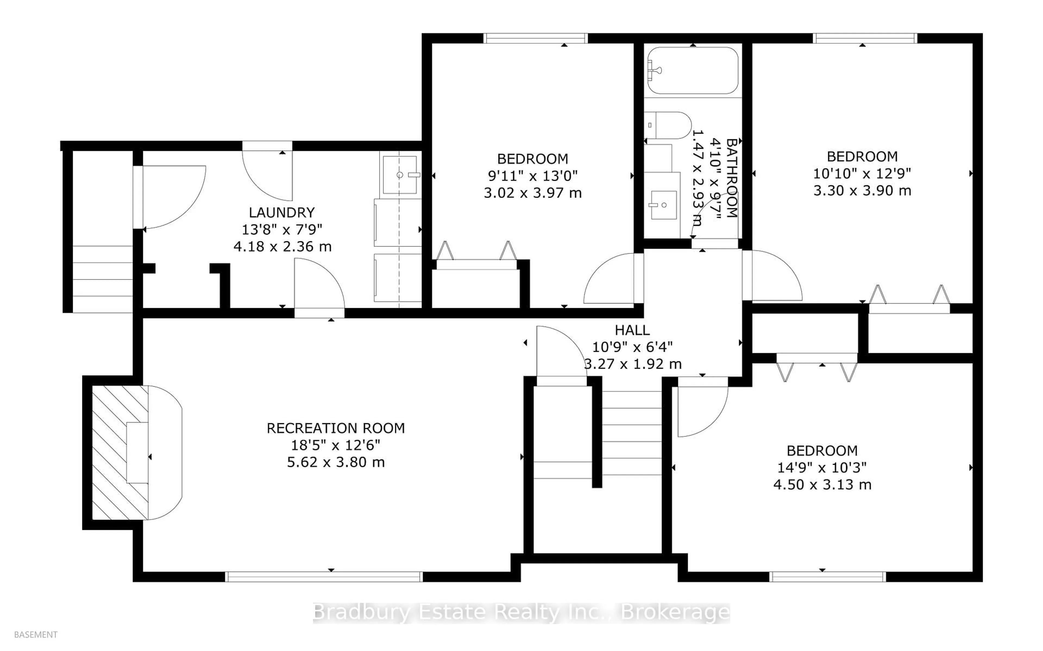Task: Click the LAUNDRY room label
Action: [x=282, y=212]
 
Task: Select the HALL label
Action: [x=632, y=330]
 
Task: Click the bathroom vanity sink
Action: [x=663, y=206]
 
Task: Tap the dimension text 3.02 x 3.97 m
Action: [x=532, y=193]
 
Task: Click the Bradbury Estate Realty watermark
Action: [x=521, y=613]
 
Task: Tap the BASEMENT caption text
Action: [x=36, y=635]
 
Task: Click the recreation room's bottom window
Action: [x=324, y=577]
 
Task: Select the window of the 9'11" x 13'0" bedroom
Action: [x=535, y=38]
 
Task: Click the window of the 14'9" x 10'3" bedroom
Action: [x=827, y=577]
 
